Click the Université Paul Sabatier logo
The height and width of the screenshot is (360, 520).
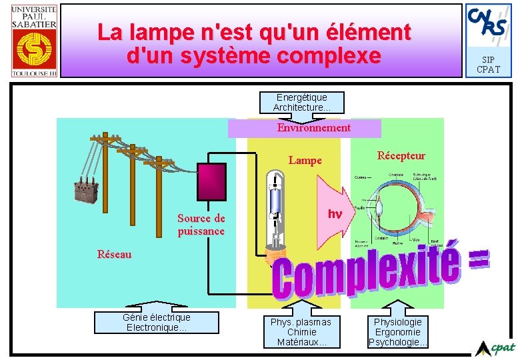point(34,40)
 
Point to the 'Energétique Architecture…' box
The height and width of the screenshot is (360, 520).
point(302,102)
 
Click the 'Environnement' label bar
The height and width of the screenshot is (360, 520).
point(305,128)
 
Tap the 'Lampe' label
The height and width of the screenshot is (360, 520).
point(305,160)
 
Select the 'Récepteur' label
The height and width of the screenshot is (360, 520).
point(401,156)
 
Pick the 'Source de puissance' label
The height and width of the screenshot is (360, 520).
point(201,225)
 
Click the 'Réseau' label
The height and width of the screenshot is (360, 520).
point(114,254)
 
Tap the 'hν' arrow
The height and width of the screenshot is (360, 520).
point(335,214)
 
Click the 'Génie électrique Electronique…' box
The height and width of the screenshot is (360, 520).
point(157,323)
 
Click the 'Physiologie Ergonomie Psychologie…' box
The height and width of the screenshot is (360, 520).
point(398,331)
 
